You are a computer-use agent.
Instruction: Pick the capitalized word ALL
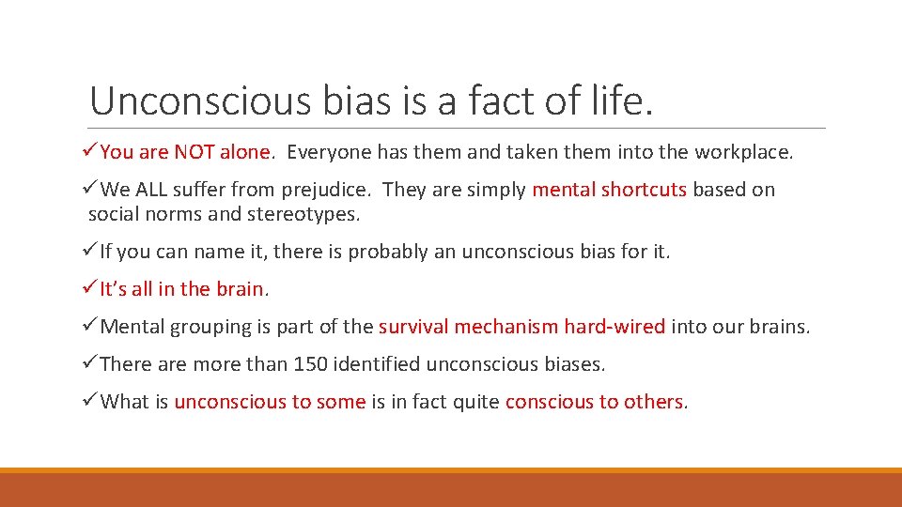tap(150, 190)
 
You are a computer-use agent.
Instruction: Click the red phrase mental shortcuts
tap(609, 190)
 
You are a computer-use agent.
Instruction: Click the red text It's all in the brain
tap(182, 289)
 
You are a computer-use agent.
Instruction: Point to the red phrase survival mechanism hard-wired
tap(521, 327)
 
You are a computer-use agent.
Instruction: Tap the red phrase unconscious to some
tap(270, 402)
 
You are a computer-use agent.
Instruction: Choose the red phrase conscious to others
tap(594, 402)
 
